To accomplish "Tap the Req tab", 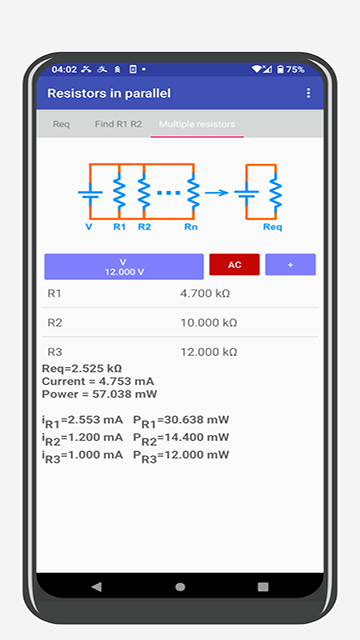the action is tap(61, 124).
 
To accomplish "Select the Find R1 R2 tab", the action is tap(118, 124).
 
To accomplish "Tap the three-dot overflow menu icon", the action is tap(308, 93).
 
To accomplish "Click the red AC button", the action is tap(234, 265).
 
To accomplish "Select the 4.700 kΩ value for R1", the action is tap(208, 294).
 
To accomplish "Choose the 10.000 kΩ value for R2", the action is tap(208, 323).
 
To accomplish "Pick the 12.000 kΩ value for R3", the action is tap(208, 352).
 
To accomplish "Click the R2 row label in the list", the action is tap(55, 323).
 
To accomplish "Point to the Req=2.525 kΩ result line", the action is tap(82, 368).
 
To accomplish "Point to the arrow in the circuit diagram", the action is tap(217, 192).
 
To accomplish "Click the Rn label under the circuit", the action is tap(191, 227).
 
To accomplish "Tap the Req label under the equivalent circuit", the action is tap(273, 227).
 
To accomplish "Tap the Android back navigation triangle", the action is tap(96, 586).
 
